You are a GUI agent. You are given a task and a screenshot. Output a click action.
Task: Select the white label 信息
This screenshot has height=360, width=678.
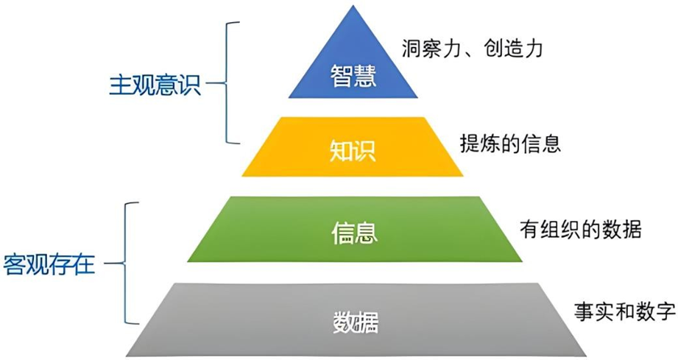click(x=354, y=233)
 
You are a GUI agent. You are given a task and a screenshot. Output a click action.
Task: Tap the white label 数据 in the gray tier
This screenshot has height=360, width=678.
click(x=356, y=322)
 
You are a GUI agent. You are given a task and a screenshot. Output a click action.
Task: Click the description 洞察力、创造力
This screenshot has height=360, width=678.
click(x=473, y=49)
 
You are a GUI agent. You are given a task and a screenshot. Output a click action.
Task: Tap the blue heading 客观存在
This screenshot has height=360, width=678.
click(x=49, y=264)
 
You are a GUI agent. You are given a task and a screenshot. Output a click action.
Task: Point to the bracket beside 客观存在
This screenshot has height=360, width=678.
click(x=130, y=263)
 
